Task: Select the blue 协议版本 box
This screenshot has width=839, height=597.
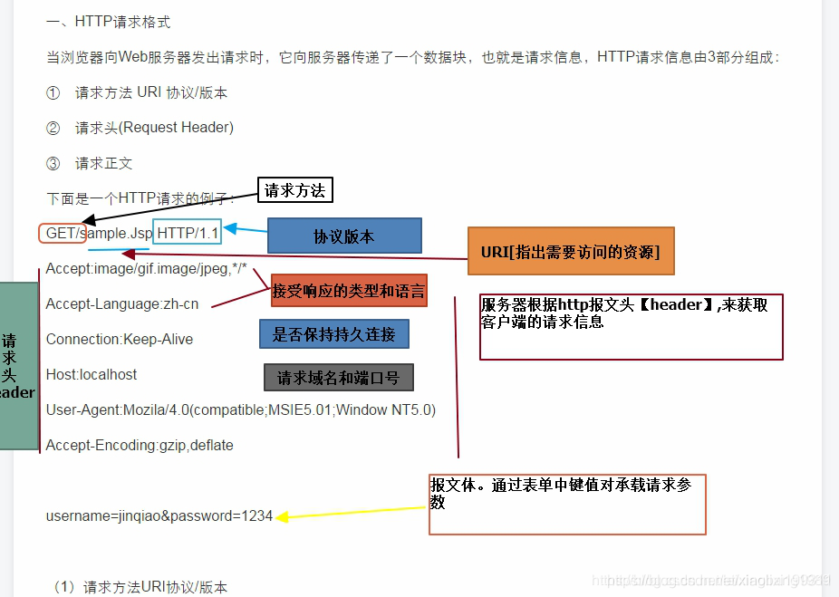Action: pos(344,236)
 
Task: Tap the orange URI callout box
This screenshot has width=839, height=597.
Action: pos(571,251)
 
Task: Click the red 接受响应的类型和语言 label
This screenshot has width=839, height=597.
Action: pos(349,292)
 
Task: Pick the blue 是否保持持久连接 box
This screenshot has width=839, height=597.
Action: pos(334,334)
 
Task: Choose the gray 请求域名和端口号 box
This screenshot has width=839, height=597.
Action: pos(339,377)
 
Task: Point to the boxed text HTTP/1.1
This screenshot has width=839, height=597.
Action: pos(188,233)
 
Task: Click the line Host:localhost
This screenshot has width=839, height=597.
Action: pos(92,374)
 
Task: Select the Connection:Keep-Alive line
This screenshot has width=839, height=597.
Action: pos(119,339)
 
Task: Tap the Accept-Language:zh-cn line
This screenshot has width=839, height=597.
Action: pos(122,303)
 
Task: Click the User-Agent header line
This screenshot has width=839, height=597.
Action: pos(240,409)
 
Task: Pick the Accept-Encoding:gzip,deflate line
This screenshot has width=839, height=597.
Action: pos(140,445)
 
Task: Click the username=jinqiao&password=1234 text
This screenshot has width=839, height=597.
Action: pos(159,515)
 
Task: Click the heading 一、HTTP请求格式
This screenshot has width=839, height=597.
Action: pos(109,21)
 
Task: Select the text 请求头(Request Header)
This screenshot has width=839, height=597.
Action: pos(154,128)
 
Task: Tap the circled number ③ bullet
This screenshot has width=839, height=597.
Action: pos(53,163)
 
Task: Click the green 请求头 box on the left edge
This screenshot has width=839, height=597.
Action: pos(18,366)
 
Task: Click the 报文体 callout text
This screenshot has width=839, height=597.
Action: pos(562,493)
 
